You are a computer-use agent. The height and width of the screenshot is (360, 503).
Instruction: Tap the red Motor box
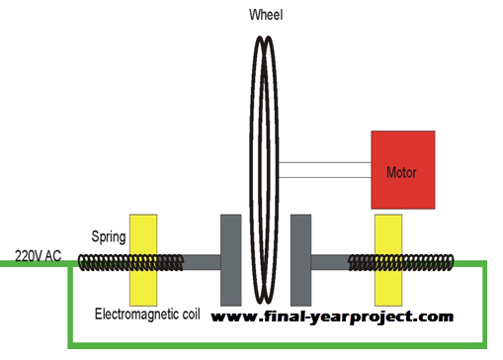tap(400, 170)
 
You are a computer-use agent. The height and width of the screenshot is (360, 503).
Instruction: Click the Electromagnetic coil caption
tap(148, 315)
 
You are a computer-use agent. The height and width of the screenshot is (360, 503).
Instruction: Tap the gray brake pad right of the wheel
tap(301, 259)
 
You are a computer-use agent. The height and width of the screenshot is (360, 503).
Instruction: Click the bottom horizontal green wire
tap(277, 345)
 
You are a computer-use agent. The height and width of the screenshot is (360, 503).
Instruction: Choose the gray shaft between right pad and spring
tap(331, 262)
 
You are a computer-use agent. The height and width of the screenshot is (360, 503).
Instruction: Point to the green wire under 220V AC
tap(35, 265)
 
